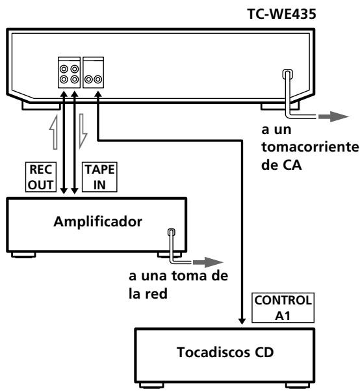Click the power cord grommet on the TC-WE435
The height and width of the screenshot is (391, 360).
(286, 77)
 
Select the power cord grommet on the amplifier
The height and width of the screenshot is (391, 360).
(171, 233)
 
